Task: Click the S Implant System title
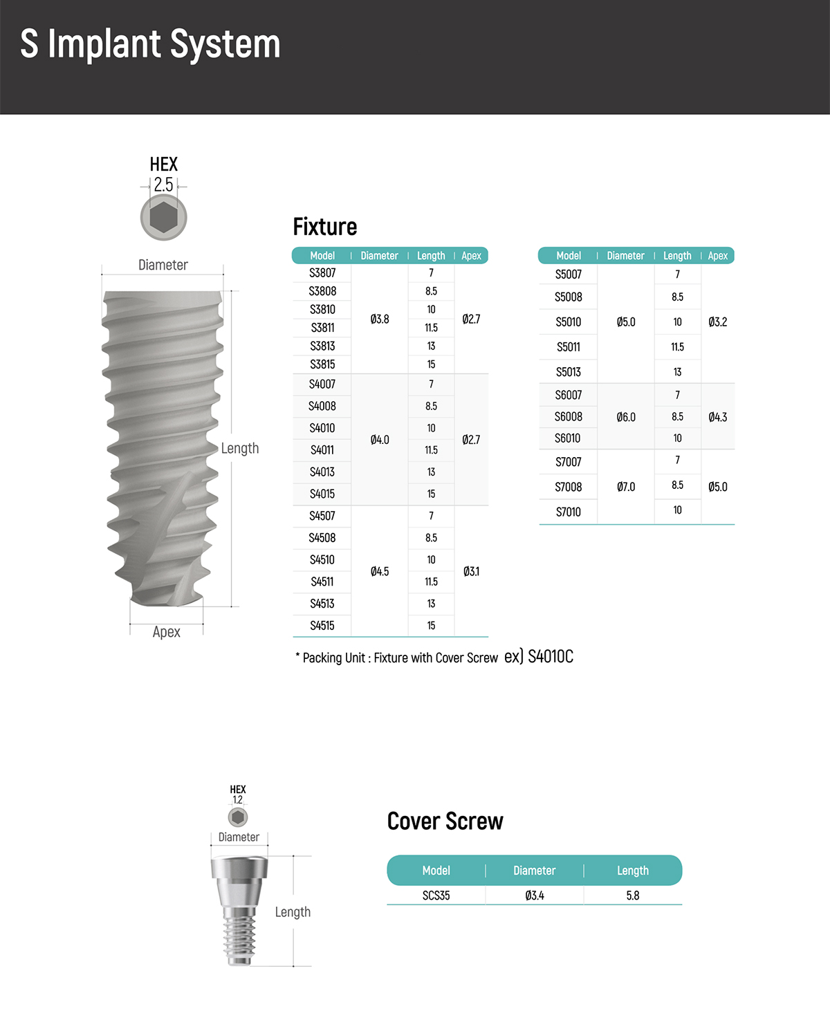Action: coord(150,44)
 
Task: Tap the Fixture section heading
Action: coord(325,227)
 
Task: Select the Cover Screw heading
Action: coord(445,821)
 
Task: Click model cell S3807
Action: coord(322,273)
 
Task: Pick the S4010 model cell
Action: coord(322,428)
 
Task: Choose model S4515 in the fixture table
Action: coord(322,626)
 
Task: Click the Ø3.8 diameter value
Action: coord(380,319)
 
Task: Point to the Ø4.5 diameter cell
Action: coord(380,571)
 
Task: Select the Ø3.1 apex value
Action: coord(471,571)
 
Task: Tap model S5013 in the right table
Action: coord(569,372)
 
